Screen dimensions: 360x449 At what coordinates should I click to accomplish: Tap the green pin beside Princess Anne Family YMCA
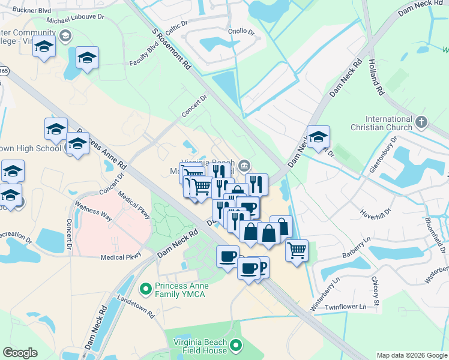(x=145, y=289)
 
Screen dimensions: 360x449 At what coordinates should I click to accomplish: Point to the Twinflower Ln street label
(x=345, y=307)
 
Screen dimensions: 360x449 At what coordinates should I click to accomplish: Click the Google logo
(x=20, y=353)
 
